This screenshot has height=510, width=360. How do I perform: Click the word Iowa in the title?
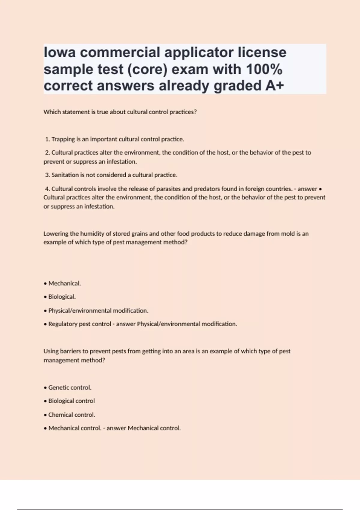[60, 52]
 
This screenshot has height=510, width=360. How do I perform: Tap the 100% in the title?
[264, 69]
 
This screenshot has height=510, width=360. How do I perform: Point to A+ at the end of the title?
[274, 86]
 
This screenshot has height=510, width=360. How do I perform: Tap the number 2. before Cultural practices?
[47, 153]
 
